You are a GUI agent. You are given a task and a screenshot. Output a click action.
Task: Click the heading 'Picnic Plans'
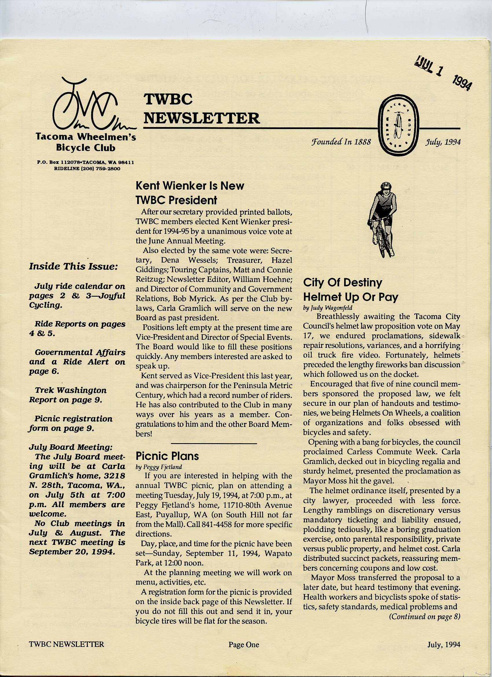[167, 456]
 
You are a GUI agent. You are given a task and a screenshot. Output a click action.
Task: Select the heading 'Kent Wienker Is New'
[190, 186]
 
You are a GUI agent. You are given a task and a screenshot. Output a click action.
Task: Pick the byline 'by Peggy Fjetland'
[159, 467]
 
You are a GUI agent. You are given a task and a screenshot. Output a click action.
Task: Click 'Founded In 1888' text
[341, 142]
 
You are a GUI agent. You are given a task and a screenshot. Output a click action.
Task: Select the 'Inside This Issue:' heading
[74, 267]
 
